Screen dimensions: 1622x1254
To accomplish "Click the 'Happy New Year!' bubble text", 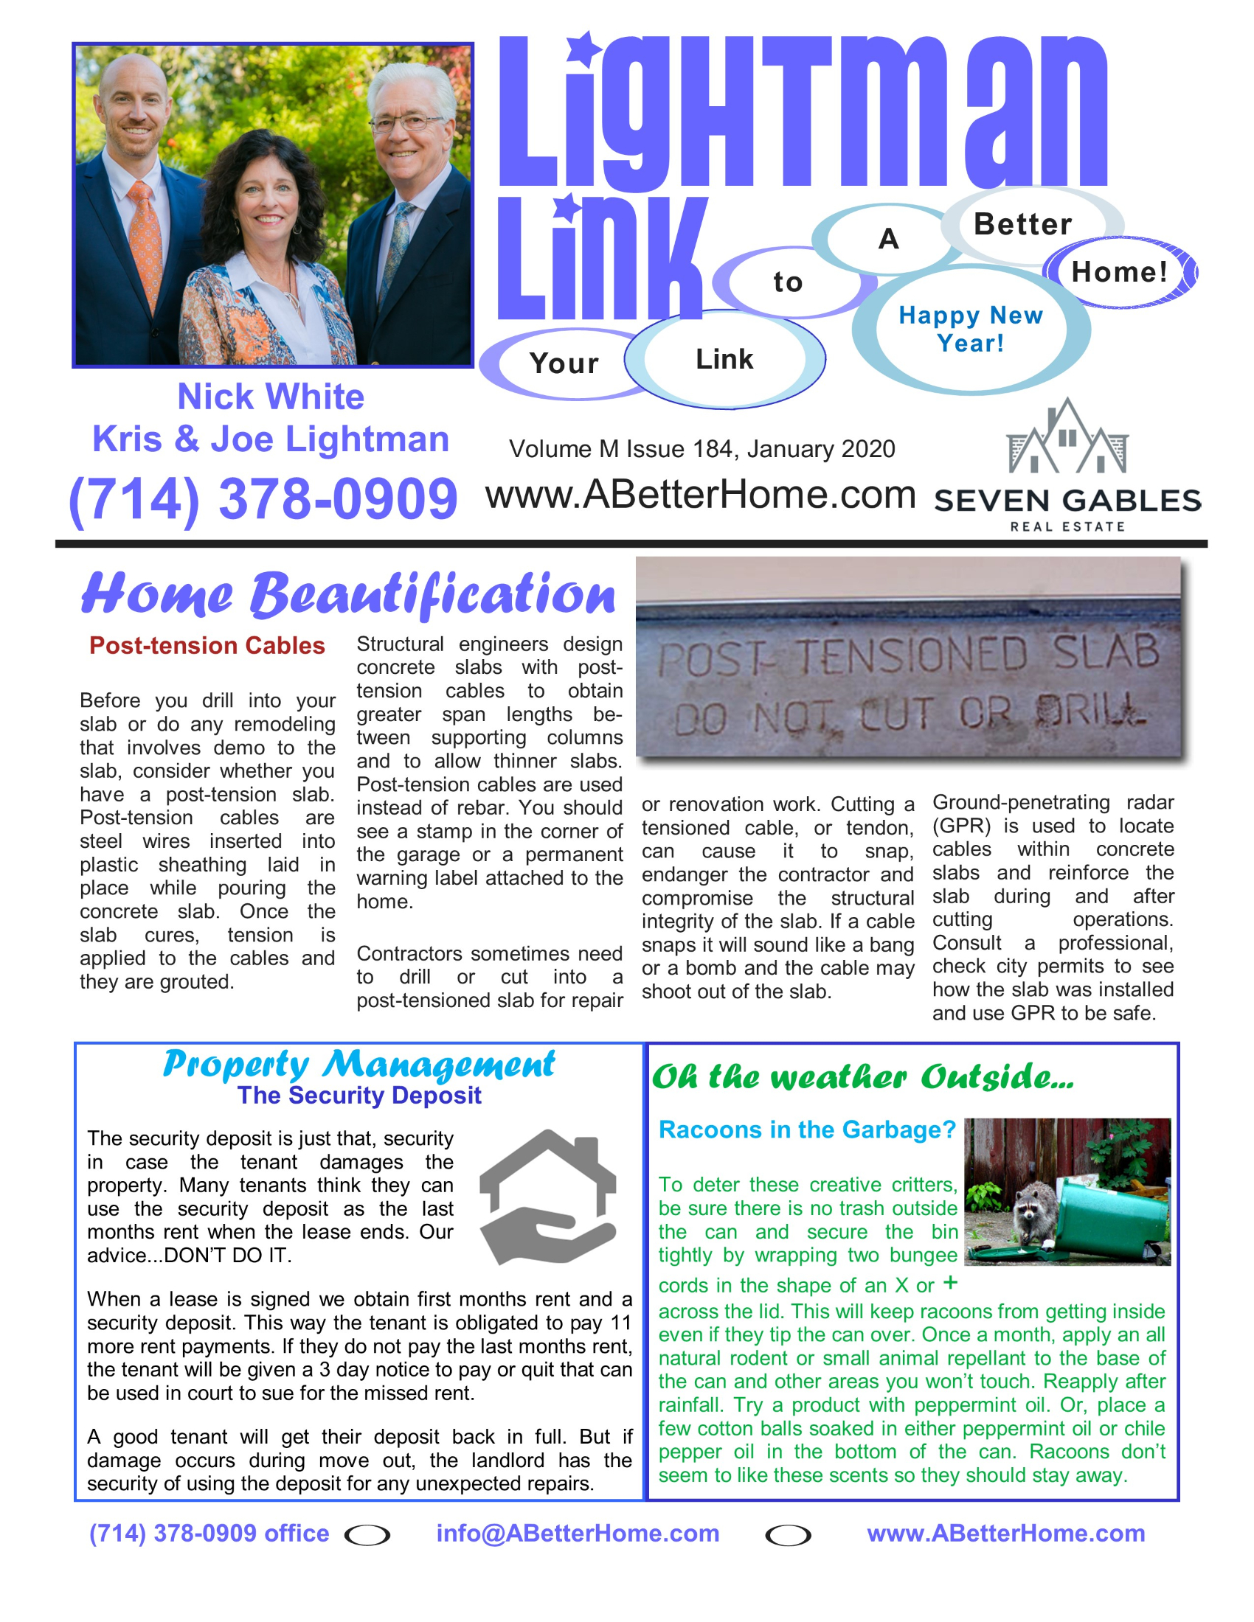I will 970,329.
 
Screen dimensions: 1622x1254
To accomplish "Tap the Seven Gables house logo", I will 1067,438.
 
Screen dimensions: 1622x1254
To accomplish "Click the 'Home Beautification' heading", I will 348,595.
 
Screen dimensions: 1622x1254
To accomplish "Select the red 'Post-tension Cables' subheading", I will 207,645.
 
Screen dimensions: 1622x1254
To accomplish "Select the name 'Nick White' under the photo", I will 271,397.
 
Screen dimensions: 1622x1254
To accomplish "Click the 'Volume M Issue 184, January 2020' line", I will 702,449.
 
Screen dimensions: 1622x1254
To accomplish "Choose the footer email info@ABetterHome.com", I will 578,1533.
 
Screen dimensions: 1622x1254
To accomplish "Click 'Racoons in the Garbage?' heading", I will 807,1130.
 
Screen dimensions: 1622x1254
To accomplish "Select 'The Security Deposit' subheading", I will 359,1096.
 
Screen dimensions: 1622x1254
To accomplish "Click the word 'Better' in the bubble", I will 1022,224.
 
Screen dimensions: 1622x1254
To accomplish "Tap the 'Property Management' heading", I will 358,1064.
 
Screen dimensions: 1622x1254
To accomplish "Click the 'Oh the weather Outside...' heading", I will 862,1077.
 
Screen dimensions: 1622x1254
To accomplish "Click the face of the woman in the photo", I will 266,195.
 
